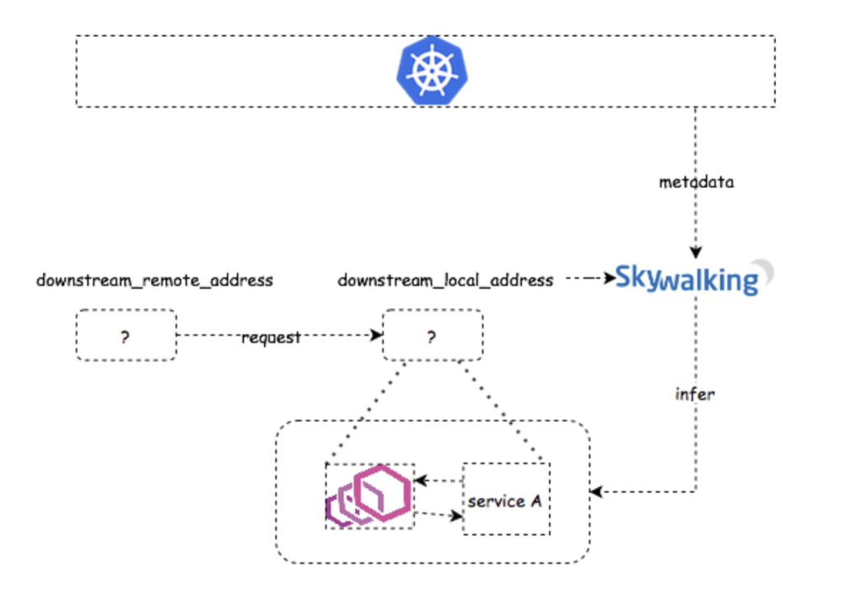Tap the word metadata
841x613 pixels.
coord(696,182)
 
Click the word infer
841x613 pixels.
coord(694,394)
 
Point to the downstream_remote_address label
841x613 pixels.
coord(154,281)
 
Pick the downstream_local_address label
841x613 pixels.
coord(445,281)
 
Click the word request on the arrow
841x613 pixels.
coord(271,338)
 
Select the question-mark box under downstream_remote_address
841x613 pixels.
coord(126,335)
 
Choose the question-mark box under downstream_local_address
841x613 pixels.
coord(432,335)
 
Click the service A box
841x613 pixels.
coord(506,500)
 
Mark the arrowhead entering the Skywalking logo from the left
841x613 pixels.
coord(610,279)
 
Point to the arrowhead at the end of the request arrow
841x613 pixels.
coord(378,335)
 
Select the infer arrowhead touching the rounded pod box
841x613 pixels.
coord(596,492)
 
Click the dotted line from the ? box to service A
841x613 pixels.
coord(501,411)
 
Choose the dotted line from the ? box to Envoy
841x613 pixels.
coord(365,411)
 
